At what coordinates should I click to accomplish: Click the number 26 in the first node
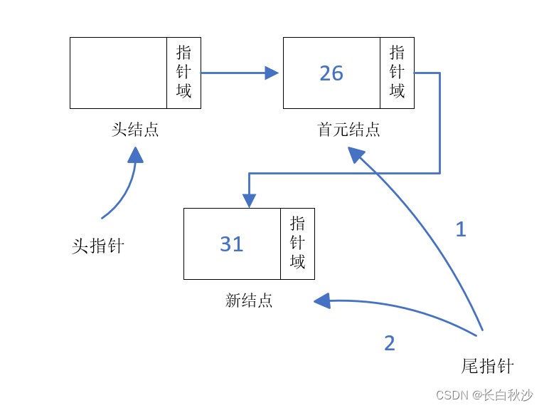[331, 73]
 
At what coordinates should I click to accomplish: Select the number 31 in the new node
[232, 244]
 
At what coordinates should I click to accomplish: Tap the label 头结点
[135, 130]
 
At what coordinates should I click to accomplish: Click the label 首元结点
[348, 130]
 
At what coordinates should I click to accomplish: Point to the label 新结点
[249, 301]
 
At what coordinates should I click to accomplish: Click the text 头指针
[98, 246]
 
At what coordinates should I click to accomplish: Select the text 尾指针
[487, 367]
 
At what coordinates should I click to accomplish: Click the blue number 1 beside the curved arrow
[461, 229]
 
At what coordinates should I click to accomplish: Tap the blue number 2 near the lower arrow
[389, 343]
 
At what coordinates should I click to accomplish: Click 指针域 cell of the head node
[183, 73]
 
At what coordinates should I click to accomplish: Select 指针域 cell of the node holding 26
[397, 73]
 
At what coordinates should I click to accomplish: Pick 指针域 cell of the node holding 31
[297, 244]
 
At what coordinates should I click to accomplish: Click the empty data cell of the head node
[118, 73]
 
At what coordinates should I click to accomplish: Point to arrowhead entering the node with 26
[272, 73]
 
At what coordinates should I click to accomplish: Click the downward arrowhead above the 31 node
[249, 200]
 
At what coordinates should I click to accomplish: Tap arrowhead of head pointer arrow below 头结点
[135, 155]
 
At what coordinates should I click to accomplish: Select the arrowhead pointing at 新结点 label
[322, 301]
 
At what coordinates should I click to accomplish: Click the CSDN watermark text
[484, 395]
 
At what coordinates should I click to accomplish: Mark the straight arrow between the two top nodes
[235, 73]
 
